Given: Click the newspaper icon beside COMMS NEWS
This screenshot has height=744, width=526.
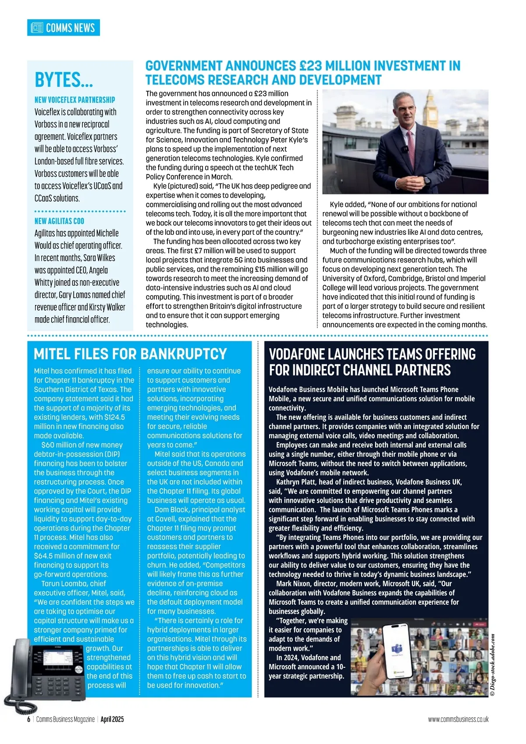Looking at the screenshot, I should click(x=37, y=28).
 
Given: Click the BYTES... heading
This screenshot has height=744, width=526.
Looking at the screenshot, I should click(x=64, y=80).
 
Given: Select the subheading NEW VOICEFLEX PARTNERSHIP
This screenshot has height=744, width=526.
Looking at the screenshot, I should click(x=75, y=100).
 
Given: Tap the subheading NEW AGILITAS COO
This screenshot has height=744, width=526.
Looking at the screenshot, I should click(x=59, y=221).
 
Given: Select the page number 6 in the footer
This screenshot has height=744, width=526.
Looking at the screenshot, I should click(x=29, y=719).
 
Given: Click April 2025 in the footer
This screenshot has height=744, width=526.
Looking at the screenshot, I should click(x=112, y=719).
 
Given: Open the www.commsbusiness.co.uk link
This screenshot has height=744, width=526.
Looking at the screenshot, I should click(x=458, y=719).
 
